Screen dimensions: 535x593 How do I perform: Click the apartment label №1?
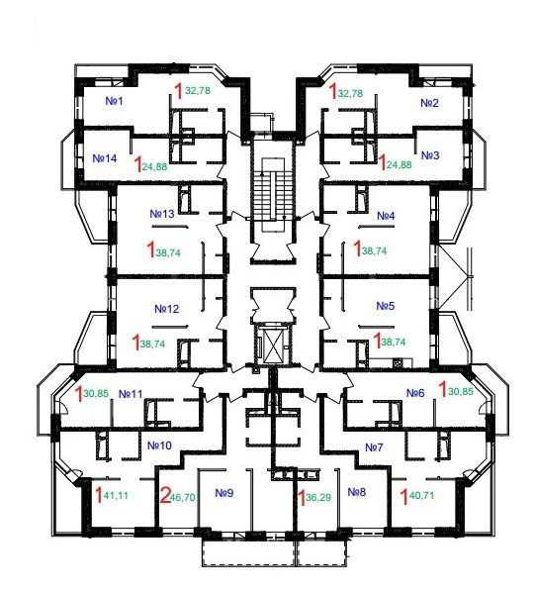tap(114, 101)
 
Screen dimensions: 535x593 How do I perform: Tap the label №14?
tap(105, 158)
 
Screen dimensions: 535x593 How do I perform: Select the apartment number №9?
tap(224, 493)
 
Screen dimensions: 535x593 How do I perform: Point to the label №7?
tap(374, 447)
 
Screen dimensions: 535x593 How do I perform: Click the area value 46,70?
tap(183, 497)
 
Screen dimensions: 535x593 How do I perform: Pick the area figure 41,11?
tap(116, 495)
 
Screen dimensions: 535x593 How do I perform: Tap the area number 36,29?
tap(318, 497)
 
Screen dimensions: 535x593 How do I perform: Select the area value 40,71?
tap(421, 495)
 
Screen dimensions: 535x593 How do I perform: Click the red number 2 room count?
tap(165, 496)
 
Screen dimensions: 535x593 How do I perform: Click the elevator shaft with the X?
tap(273, 344)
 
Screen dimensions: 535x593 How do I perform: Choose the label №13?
tap(162, 214)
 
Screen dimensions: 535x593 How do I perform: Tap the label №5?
tap(386, 306)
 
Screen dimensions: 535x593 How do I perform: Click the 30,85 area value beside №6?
tap(461, 392)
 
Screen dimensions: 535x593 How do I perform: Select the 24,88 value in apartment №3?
tap(400, 165)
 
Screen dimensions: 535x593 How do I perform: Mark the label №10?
tap(159, 445)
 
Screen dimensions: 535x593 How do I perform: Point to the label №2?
tap(429, 103)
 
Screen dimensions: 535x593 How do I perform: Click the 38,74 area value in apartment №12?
tap(152, 344)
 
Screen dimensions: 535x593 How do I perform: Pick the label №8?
tap(357, 492)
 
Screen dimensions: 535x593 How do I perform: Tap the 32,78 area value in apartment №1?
tap(198, 91)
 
